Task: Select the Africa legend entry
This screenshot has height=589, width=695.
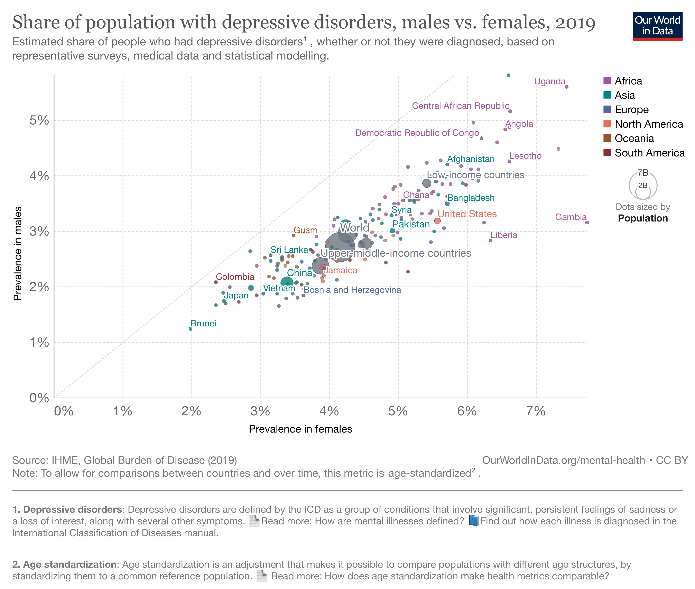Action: click(628, 81)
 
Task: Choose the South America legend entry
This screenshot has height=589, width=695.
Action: click(649, 153)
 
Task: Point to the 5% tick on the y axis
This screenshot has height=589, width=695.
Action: click(39, 120)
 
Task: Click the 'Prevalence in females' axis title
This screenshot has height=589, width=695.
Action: click(300, 429)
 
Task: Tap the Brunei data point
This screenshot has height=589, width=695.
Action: click(191, 329)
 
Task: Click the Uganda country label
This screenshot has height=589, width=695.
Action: click(549, 81)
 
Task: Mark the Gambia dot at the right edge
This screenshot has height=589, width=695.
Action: click(587, 222)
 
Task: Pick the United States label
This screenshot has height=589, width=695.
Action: click(467, 214)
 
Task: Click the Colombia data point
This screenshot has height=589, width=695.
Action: click(216, 282)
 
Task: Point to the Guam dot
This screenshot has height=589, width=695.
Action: click(294, 235)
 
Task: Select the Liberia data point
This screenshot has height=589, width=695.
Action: click(490, 241)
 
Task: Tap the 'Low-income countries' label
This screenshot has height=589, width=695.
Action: click(475, 175)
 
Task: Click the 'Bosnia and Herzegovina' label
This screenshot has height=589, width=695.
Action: click(352, 290)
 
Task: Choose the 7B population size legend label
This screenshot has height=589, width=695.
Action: click(643, 173)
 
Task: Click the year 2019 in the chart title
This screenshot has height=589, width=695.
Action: click(575, 23)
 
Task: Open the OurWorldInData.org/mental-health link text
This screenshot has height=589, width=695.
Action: click(563, 460)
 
